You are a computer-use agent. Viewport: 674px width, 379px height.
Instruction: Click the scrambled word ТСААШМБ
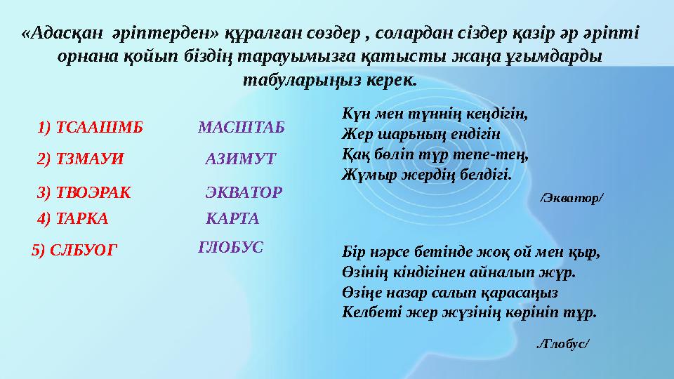pos(100,127)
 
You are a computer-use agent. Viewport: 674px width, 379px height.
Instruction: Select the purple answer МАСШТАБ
pos(242,127)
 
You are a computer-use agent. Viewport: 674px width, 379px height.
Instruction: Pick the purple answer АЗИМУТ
pos(241,159)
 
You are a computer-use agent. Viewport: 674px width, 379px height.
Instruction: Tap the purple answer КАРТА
pos(232,218)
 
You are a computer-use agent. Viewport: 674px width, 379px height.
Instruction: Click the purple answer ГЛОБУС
pos(231,246)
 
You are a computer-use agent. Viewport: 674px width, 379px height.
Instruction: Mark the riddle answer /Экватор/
pos(571,199)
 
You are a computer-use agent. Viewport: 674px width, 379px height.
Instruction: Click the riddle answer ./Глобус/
pos(562,343)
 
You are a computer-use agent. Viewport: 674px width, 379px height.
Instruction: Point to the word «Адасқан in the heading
pos(60,34)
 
